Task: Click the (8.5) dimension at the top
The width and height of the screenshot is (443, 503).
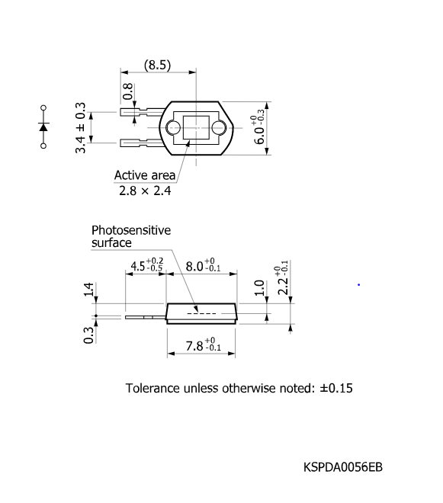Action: click(x=158, y=65)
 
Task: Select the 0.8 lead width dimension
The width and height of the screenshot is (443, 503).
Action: click(x=128, y=91)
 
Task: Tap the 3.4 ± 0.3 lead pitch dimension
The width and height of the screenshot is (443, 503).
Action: click(x=81, y=127)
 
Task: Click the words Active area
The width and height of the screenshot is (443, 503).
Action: click(x=144, y=175)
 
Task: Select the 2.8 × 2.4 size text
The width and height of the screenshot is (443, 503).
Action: click(x=144, y=191)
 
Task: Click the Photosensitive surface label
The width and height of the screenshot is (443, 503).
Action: click(x=130, y=236)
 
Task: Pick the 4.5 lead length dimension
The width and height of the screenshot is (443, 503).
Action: click(x=146, y=266)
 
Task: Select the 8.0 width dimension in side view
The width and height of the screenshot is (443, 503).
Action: click(x=204, y=266)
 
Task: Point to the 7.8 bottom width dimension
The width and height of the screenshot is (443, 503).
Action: click(x=203, y=347)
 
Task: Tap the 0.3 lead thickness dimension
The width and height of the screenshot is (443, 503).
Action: click(x=88, y=335)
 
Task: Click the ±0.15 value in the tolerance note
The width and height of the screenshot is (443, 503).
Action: click(x=336, y=388)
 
